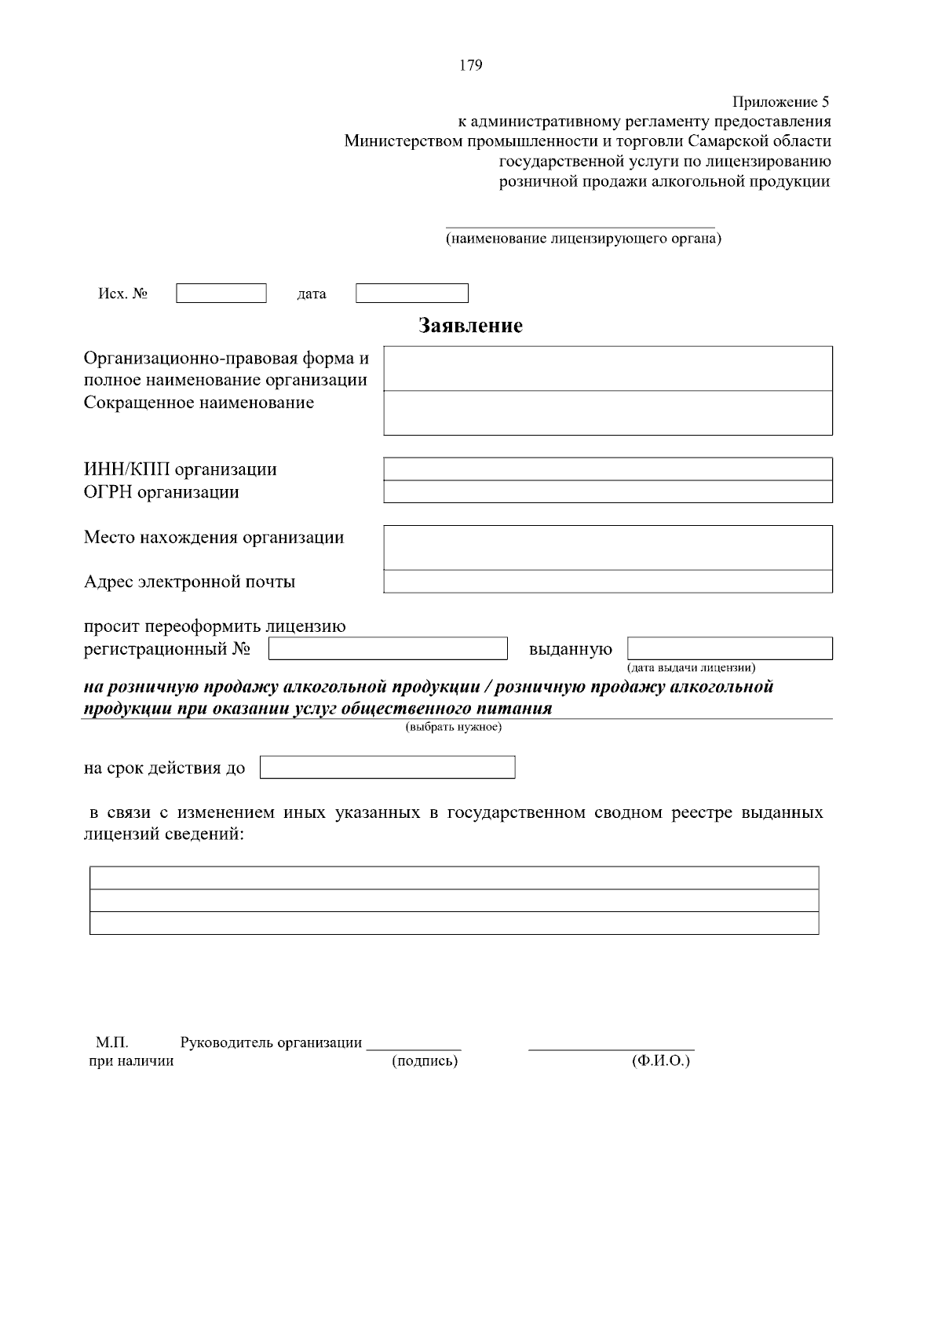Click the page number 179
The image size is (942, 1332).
pyautogui.click(x=470, y=65)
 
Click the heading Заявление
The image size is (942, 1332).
pyautogui.click(x=470, y=326)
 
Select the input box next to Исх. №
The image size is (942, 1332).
pyautogui.click(x=221, y=294)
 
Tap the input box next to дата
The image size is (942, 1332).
pyautogui.click(x=412, y=294)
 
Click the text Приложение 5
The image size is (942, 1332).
pyautogui.click(x=780, y=102)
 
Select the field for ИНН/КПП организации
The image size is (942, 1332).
pyautogui.click(x=608, y=469)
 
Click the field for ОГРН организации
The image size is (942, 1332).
pyautogui.click(x=608, y=491)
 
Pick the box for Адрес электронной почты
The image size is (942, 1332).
pyautogui.click(x=608, y=582)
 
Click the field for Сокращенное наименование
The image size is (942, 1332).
pyautogui.click(x=608, y=413)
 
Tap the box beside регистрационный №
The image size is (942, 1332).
pyautogui.click(x=388, y=649)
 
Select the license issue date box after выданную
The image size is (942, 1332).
pyautogui.click(x=730, y=649)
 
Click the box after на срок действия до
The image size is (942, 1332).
pyautogui.click(x=387, y=767)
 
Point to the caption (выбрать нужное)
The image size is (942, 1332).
pyautogui.click(x=454, y=727)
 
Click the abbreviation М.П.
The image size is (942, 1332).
pyautogui.click(x=112, y=1042)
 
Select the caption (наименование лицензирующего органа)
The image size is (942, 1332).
pyautogui.click(x=583, y=238)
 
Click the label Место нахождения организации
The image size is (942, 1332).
pyautogui.click(x=214, y=538)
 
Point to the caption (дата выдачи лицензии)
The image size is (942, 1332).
pyautogui.click(x=691, y=668)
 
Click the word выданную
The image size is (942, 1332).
pyautogui.click(x=571, y=649)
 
